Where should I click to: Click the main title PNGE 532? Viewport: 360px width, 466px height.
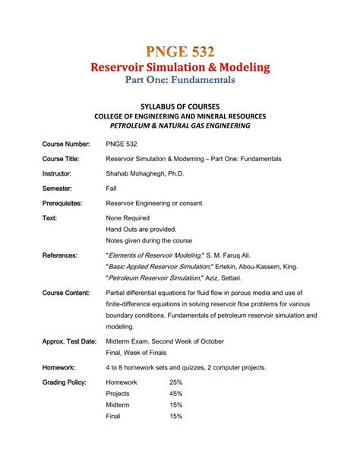click(179, 52)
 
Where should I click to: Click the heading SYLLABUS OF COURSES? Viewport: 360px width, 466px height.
click(179, 105)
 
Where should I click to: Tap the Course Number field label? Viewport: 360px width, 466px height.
click(67, 144)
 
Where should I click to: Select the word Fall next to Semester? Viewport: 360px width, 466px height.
click(111, 189)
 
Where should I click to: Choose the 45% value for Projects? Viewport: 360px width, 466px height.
click(175, 394)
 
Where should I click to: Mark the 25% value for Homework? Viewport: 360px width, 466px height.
click(175, 382)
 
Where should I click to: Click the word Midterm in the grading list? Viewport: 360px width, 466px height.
click(118, 405)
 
